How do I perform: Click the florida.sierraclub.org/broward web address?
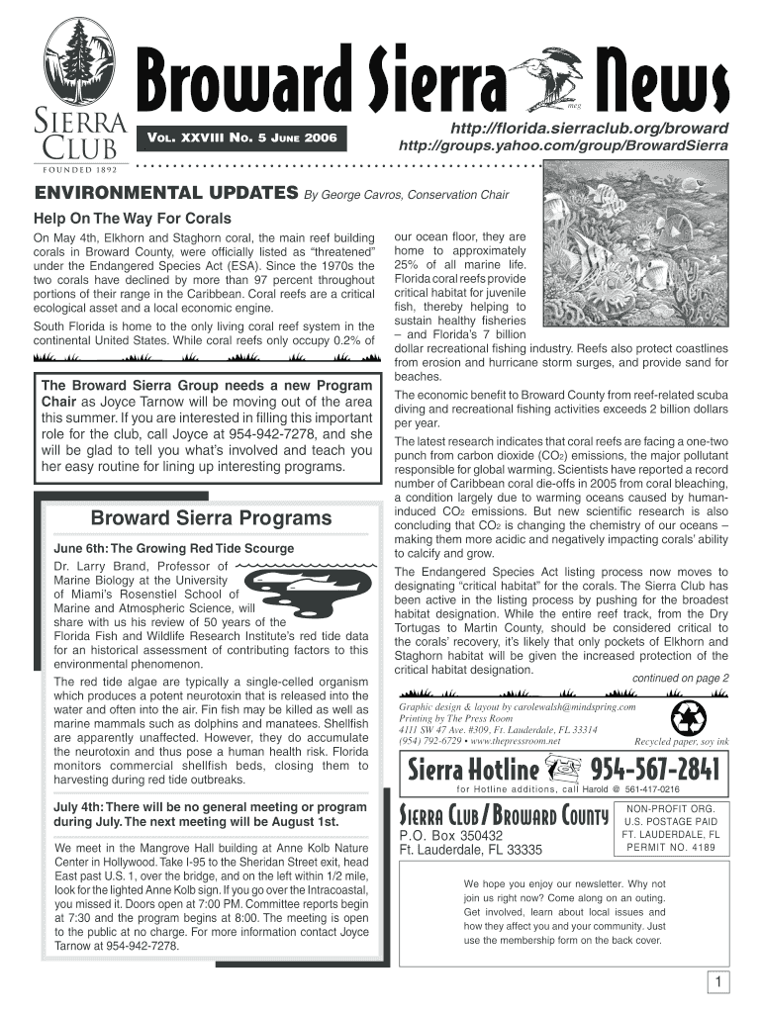pyautogui.click(x=590, y=130)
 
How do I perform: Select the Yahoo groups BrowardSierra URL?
pyautogui.click(x=563, y=145)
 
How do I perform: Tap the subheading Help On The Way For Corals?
pyautogui.click(x=133, y=218)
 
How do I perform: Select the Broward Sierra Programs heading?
pyautogui.click(x=211, y=518)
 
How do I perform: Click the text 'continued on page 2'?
pyautogui.click(x=681, y=678)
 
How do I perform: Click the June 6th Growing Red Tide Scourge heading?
pyautogui.click(x=173, y=548)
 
